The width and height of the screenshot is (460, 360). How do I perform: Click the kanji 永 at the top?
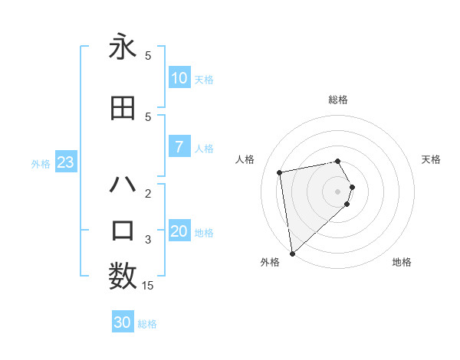pos(123,47)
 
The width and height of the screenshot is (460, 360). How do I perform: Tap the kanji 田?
pos(123,109)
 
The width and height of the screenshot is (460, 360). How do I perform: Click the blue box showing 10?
pos(179,78)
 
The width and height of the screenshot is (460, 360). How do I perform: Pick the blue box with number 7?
pos(179,147)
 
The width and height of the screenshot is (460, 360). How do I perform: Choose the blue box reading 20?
pos(179,231)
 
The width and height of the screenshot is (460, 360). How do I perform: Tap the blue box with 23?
pos(65,162)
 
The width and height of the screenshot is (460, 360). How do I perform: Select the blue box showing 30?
pos(123,322)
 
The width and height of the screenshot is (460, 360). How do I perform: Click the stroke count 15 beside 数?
pos(149,286)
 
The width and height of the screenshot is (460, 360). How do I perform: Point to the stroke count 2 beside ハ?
pos(149,193)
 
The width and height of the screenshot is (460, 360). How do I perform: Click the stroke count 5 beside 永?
pos(149,56)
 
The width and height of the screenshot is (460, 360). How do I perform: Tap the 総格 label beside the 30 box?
pos(147,324)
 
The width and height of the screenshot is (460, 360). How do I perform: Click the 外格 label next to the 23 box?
pos(41,163)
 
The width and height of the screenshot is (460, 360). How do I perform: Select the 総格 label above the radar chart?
pos(338,100)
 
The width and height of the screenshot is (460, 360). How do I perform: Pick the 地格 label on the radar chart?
pos(402,262)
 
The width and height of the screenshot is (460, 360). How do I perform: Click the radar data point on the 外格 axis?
pos(292,253)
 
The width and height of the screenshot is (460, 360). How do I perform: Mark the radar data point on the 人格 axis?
pos(280,172)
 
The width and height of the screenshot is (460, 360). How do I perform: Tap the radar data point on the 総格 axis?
pos(338,161)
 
